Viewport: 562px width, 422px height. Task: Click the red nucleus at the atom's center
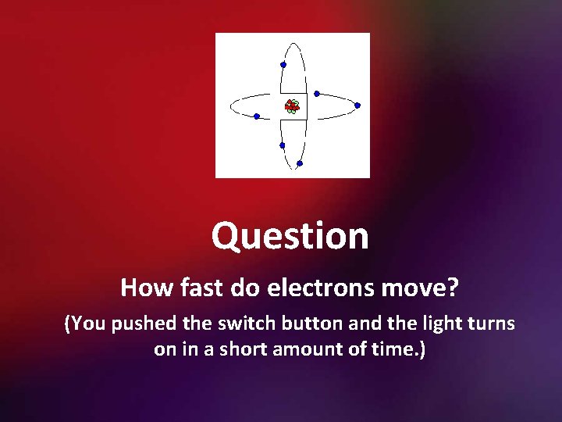(x=292, y=106)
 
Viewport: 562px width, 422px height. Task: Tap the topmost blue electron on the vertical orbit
(x=283, y=65)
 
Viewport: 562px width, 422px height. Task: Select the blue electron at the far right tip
(x=357, y=105)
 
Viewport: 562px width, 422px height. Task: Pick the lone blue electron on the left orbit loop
(x=257, y=116)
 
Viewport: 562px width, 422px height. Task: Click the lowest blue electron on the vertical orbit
(x=299, y=164)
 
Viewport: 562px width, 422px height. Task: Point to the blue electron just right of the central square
(x=317, y=94)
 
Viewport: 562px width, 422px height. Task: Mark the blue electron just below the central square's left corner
(x=282, y=145)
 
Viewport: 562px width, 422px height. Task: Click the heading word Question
(x=290, y=236)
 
